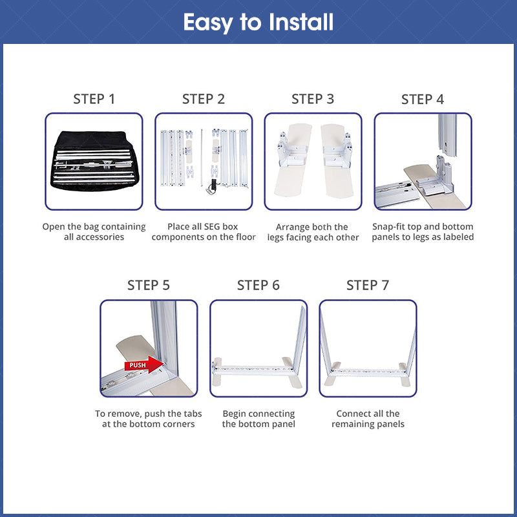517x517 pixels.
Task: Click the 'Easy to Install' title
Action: point(258,23)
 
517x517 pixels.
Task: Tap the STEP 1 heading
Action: point(94,99)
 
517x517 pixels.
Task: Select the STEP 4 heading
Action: point(423,100)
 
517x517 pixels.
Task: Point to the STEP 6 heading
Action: point(258,285)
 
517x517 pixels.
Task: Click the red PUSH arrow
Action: point(144,364)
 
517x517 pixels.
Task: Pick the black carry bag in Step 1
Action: point(94,161)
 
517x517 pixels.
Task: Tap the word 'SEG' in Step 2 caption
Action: point(202,227)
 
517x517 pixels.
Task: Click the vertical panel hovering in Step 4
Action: point(447,135)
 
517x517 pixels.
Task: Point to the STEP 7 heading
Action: point(368,285)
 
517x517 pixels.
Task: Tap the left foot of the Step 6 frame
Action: point(217,372)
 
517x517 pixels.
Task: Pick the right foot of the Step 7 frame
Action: point(405,375)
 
